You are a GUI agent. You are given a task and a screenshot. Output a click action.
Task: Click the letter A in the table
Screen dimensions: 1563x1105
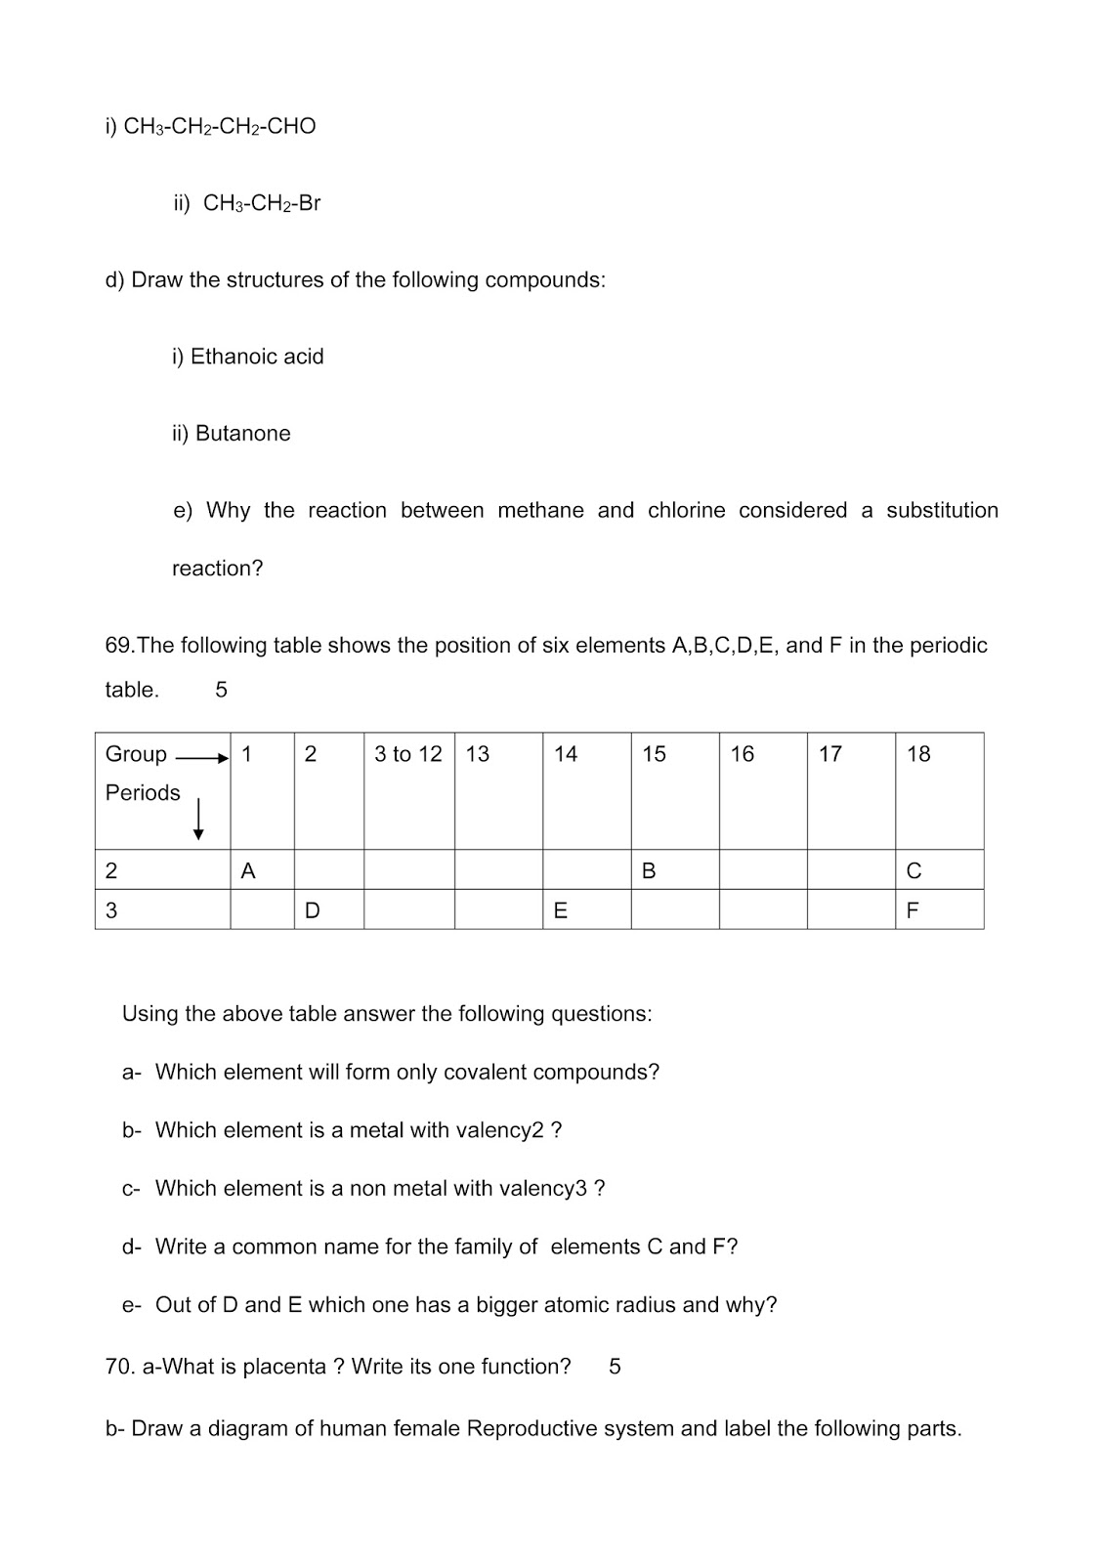(248, 870)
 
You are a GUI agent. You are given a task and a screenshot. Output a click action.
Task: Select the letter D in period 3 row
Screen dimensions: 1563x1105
(312, 910)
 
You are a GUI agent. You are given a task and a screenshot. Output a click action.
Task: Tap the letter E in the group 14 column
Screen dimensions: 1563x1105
(560, 910)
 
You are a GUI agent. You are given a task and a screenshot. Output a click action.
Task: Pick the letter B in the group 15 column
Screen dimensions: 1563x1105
(649, 870)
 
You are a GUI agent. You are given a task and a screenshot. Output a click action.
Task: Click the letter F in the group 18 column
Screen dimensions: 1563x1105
(913, 910)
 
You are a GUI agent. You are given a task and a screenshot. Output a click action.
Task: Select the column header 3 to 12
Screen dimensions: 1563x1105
(407, 754)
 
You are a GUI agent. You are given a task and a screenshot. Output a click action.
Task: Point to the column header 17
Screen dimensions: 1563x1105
(829, 754)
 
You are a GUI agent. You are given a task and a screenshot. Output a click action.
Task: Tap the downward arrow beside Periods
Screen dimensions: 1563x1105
(198, 819)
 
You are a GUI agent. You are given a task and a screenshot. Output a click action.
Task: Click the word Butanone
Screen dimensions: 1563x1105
(242, 433)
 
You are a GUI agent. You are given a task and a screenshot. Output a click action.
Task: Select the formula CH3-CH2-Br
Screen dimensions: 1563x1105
(261, 203)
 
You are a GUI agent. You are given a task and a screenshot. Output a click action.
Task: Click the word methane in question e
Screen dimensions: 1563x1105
(540, 510)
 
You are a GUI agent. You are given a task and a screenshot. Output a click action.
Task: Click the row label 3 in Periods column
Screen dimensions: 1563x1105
(111, 910)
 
